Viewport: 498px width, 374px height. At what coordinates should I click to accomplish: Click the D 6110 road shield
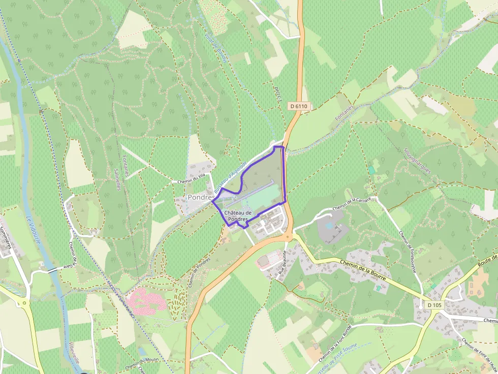(299, 106)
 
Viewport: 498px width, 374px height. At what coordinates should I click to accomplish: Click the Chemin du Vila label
(191, 180)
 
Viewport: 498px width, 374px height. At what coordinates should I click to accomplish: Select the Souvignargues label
(417, 160)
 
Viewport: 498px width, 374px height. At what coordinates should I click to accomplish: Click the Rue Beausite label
(283, 262)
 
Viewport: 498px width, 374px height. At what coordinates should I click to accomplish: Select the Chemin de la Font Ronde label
(334, 351)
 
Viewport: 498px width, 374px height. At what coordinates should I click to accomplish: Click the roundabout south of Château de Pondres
(289, 237)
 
